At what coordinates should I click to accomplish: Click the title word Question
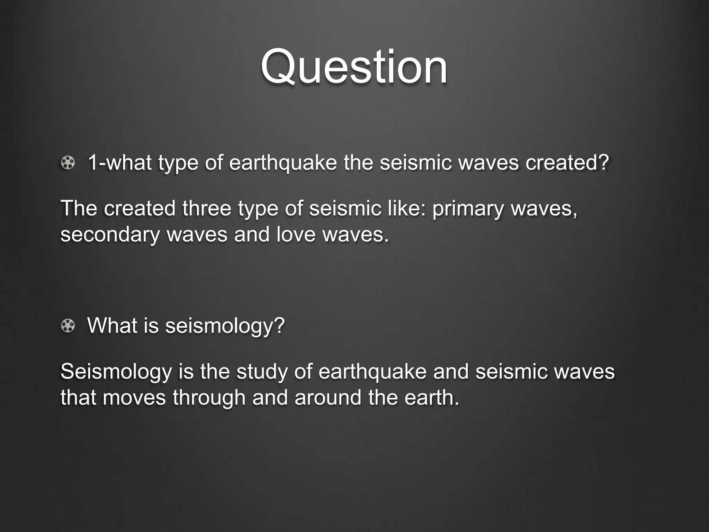(x=354, y=67)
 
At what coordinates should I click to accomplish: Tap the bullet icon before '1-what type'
(x=68, y=163)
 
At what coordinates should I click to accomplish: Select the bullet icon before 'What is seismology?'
(x=68, y=326)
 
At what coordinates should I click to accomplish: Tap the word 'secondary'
(x=110, y=234)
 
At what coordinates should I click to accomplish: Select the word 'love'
(x=296, y=234)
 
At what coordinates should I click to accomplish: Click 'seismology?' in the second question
(x=225, y=326)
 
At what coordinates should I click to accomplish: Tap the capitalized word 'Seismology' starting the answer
(x=116, y=372)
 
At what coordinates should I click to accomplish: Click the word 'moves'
(x=134, y=397)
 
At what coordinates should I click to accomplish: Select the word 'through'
(x=209, y=397)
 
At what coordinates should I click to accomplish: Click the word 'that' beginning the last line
(x=78, y=397)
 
